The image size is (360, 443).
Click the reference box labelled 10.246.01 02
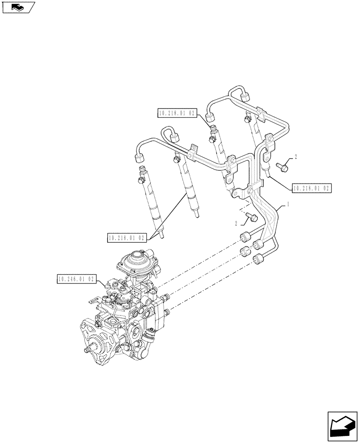pyautogui.click(x=75, y=279)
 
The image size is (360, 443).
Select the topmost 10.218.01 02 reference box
pyautogui.click(x=176, y=113)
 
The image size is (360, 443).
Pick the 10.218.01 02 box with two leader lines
pyautogui.click(x=127, y=238)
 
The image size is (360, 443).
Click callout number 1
pyautogui.click(x=289, y=204)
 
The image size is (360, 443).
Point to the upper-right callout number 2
pyautogui.click(x=296, y=157)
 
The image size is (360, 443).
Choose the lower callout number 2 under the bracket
pyautogui.click(x=236, y=222)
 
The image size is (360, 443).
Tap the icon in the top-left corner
pyautogui.click(x=18, y=7)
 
